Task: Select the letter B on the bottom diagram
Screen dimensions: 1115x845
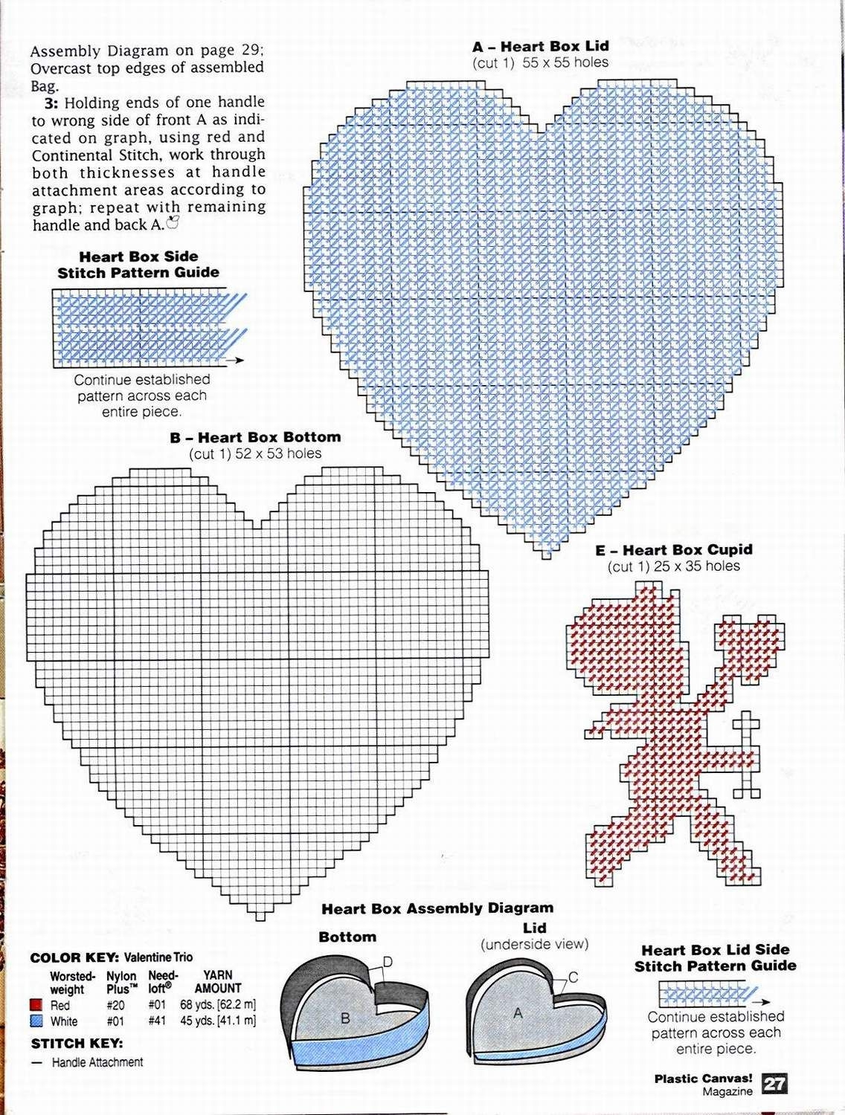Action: pos(345,1018)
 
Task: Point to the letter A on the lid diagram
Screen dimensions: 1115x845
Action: pos(518,1012)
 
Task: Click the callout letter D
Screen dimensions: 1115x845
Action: pos(387,963)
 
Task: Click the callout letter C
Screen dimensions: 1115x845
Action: pos(573,977)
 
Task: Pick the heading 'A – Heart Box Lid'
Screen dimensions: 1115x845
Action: pos(540,46)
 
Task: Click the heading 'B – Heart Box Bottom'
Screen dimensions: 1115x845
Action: pos(255,437)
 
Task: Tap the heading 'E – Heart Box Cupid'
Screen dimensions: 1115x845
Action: pos(674,550)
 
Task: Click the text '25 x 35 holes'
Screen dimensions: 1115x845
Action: pos(697,566)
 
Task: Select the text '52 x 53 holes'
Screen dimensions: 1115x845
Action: pos(278,453)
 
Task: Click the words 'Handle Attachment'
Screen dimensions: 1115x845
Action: pos(97,1062)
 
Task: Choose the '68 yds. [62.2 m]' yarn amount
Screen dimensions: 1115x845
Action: pos(218,1005)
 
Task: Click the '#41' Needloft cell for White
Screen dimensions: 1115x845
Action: pos(157,1021)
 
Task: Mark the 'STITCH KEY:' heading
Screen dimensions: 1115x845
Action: pos(77,1044)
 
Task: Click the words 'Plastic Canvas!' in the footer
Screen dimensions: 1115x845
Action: pos(703,1078)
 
